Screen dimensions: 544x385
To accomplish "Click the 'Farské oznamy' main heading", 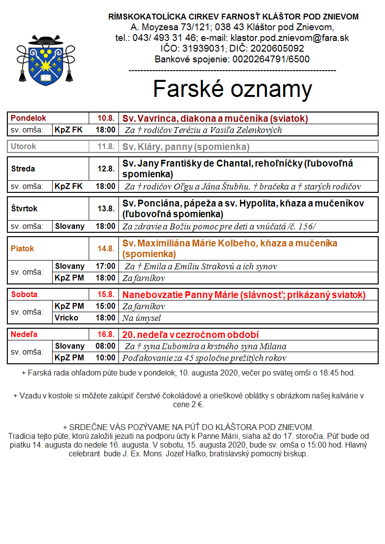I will coord(232,89).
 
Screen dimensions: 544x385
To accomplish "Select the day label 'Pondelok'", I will coord(28,118).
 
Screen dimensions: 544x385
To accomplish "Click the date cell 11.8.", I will coord(105,147).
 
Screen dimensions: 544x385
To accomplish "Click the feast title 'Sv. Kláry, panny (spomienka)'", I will coord(186,147).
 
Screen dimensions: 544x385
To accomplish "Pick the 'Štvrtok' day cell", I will coord(24,208).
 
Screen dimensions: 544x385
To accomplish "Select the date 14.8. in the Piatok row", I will coord(105,248).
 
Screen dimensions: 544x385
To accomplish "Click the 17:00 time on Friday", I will coord(106,266).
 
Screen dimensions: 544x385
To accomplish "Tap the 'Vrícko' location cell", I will coord(66,318).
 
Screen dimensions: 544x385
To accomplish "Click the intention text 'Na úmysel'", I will coord(141,318).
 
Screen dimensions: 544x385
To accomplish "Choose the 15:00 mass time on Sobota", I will coord(106,306).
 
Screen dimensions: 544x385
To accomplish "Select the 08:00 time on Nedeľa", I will coord(106,346).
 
